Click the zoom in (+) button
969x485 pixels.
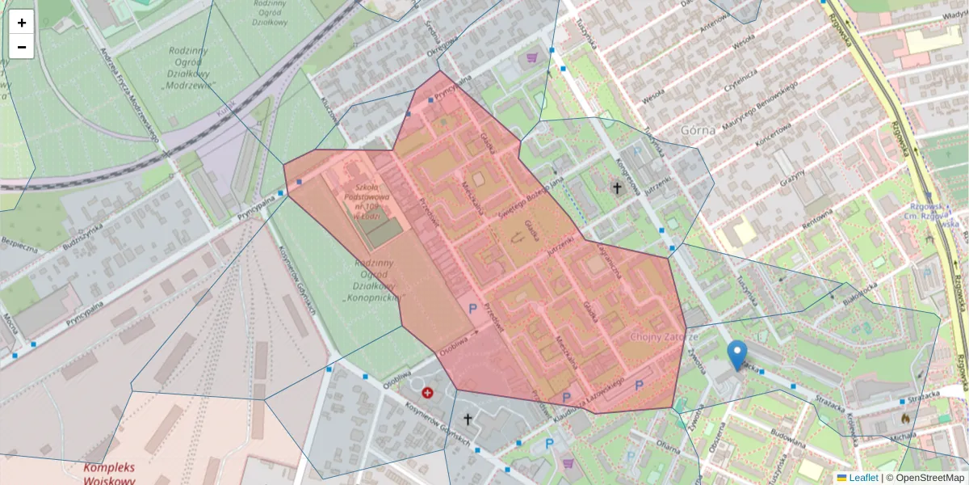click(22, 23)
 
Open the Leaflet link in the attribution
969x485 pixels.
click(862, 478)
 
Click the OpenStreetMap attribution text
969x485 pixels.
click(925, 478)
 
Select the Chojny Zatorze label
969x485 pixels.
click(663, 336)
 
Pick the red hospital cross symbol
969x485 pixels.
click(427, 393)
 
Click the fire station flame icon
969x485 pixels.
click(905, 418)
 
